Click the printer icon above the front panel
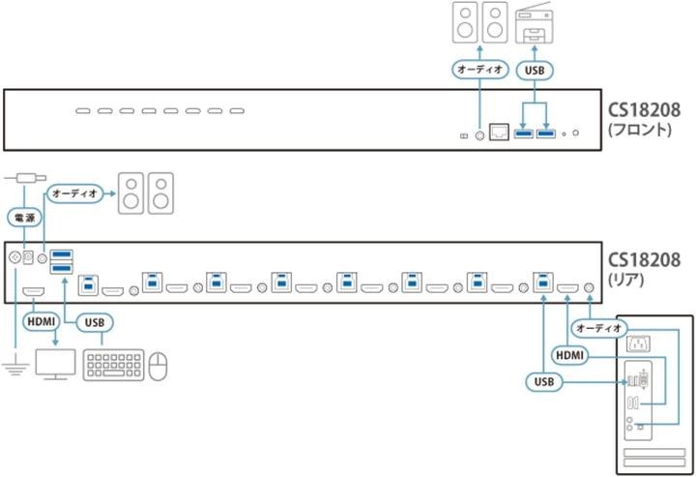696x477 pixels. pyautogui.click(x=534, y=23)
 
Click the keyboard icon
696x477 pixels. pyautogui.click(x=113, y=364)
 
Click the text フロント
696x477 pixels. pyautogui.click(x=640, y=127)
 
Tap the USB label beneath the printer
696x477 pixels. pyautogui.click(x=533, y=70)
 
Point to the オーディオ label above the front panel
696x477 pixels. pyautogui.click(x=479, y=70)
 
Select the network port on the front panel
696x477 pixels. pyautogui.click(x=500, y=132)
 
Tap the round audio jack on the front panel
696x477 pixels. pyautogui.click(x=479, y=134)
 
